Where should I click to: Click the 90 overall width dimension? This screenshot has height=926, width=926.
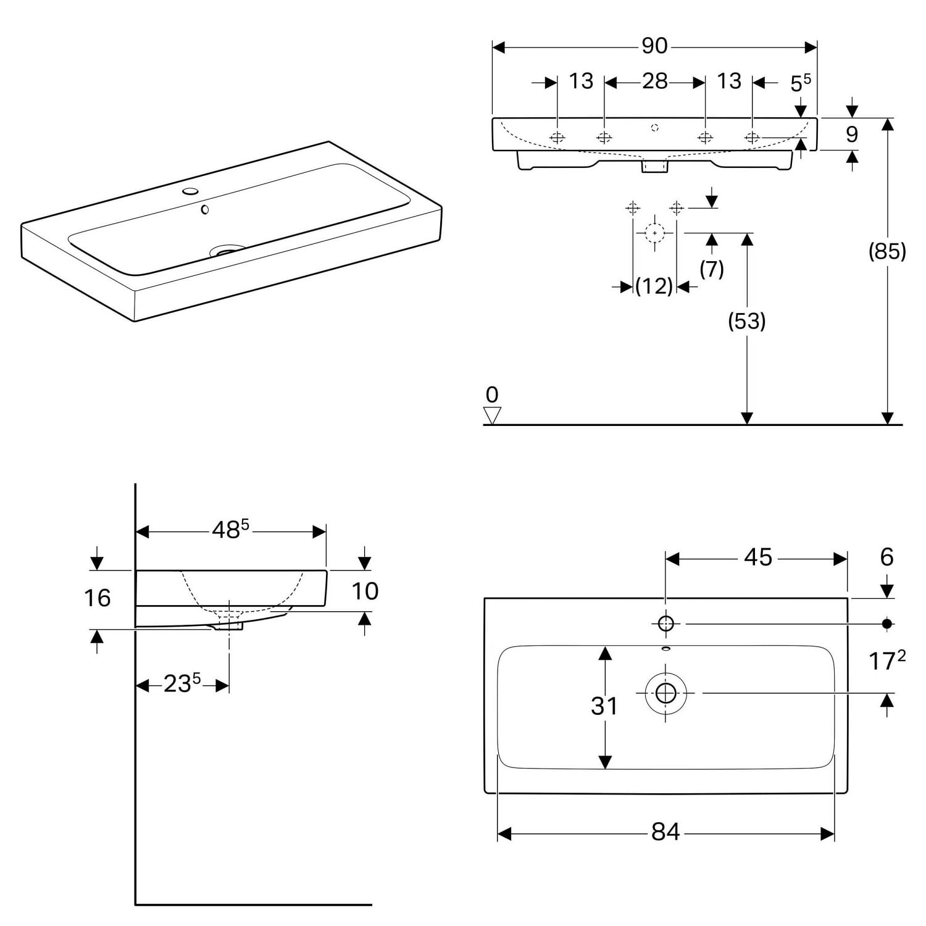654,46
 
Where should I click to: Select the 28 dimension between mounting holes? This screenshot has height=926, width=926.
654,81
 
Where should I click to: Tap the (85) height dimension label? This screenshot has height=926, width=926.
887,251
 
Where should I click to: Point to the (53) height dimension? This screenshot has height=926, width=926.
747,321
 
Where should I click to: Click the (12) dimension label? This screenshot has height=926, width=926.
654,286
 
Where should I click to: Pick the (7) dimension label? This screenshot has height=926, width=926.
712,269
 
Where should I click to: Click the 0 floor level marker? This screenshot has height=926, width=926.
492,394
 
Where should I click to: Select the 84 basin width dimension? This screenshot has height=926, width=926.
665,832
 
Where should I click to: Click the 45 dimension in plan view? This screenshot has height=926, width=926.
757,557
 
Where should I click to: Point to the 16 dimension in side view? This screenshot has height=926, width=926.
97,598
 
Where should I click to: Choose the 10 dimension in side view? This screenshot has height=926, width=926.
365,591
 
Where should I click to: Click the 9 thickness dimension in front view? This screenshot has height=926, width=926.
852,134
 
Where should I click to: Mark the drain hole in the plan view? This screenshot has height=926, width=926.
665,693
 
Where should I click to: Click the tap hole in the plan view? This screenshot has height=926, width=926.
665,624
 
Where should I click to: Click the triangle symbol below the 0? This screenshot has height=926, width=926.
492,415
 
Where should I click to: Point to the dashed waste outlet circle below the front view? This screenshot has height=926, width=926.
654,233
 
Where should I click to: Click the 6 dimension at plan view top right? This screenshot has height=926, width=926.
886,557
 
